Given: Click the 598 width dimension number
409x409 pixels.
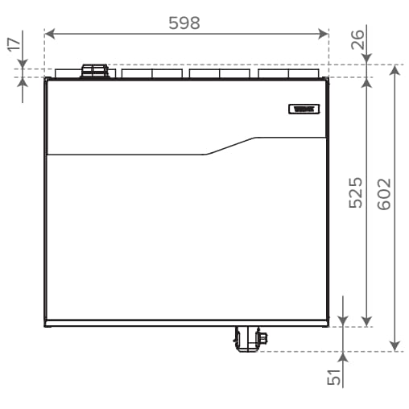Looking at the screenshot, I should [x=184, y=23].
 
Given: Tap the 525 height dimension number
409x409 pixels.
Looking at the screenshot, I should [x=356, y=194].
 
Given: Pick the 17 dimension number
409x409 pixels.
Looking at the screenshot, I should [x=14, y=44].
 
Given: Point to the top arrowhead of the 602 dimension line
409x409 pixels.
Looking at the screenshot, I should [x=395, y=69].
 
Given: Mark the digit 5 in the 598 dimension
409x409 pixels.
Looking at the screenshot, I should [x=173, y=23].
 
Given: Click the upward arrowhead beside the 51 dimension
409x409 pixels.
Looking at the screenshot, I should [x=344, y=357].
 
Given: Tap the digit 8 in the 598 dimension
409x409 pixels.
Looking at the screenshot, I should [x=196, y=23].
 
